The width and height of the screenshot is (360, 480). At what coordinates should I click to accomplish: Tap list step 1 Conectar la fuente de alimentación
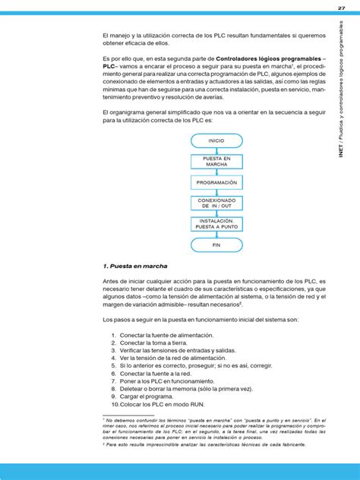[x=166, y=335]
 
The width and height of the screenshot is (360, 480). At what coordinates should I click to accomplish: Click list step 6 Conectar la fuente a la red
[x=155, y=374]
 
